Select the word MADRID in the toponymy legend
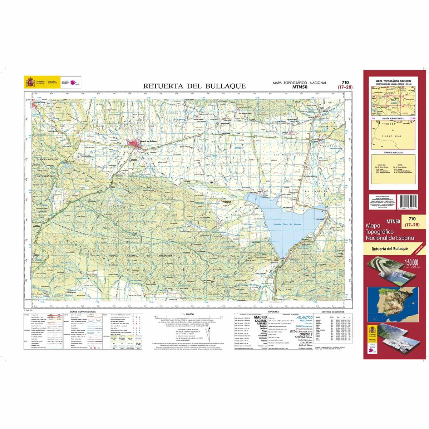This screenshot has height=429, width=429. pos(260,317)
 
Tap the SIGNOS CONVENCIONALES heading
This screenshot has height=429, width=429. pos(82,312)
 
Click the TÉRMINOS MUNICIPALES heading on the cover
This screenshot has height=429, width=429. pos(393,153)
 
